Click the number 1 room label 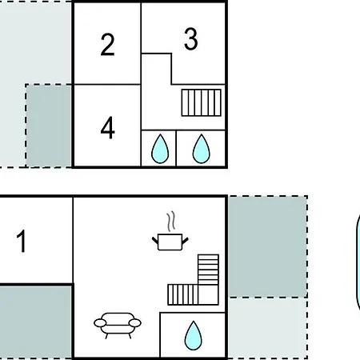coord(22,241)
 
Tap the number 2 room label coord(107,45)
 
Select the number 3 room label coord(191,39)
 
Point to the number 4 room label coord(108,128)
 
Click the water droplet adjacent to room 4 coord(160,149)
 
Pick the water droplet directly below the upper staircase coord(202,149)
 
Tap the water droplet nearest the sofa coord(194,335)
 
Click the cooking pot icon coord(170,242)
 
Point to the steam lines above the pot coord(171,222)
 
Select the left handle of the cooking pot coord(155,240)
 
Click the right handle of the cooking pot coord(185,241)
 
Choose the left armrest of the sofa coord(100,323)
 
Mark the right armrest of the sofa coord(134,323)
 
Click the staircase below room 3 coord(202,102)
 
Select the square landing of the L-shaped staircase coord(208,294)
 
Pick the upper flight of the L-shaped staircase coord(208,270)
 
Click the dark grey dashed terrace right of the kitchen coord(268,246)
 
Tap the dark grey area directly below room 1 coord(35,322)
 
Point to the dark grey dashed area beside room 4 coord(49,126)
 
